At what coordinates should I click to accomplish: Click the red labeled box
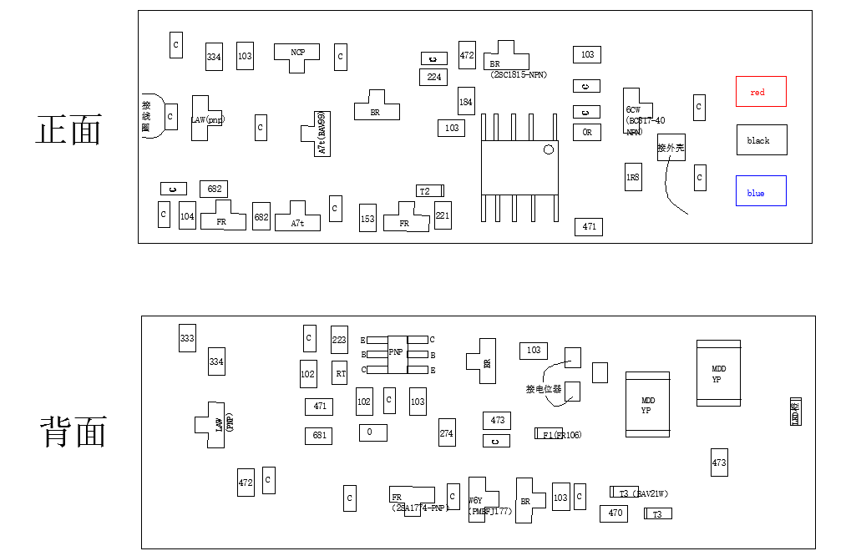point(761,92)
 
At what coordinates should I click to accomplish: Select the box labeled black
point(761,140)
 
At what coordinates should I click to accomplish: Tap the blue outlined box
point(761,191)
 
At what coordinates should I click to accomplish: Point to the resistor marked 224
point(433,77)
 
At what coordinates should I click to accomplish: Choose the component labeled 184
point(466,102)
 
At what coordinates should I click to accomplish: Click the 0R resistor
point(587,132)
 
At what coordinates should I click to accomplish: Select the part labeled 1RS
point(633,177)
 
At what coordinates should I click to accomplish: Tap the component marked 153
point(367,218)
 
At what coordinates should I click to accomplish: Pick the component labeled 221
point(443,215)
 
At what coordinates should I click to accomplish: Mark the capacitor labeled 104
point(187,216)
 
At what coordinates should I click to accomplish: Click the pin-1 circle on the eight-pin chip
point(548,150)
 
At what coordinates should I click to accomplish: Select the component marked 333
point(187,338)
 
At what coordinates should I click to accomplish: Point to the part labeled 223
point(339,340)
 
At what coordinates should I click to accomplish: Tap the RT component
point(340,373)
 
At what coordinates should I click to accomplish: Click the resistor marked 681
point(319,435)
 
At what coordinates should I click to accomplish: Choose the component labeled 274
point(447,432)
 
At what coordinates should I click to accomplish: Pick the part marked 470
point(614,513)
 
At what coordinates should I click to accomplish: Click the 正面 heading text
point(68,131)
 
